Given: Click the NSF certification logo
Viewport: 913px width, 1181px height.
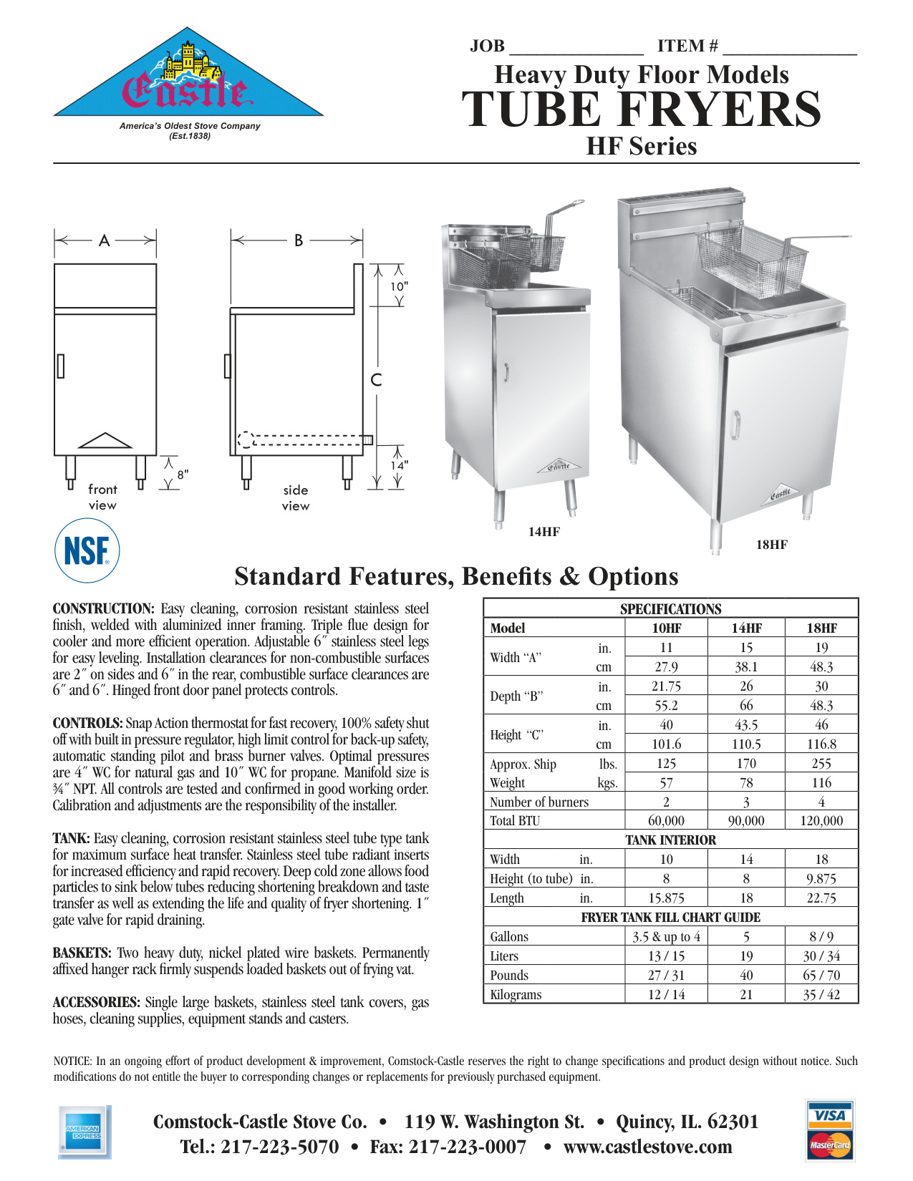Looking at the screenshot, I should tap(87, 550).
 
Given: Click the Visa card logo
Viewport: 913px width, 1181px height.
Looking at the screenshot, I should tap(829, 1115).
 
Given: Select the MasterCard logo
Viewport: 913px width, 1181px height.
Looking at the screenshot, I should tap(829, 1144).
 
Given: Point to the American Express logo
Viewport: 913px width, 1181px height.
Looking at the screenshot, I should tap(84, 1132).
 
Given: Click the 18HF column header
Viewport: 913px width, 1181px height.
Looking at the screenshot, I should tap(821, 628).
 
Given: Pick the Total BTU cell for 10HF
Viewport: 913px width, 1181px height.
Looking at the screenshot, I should tap(666, 821).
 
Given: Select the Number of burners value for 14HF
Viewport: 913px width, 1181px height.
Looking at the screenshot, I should tap(746, 802).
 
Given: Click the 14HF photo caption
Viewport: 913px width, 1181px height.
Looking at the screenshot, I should tap(544, 532).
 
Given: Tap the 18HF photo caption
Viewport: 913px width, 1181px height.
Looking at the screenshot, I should tap(772, 545).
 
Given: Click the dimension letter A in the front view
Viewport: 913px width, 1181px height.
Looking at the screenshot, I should tap(105, 240).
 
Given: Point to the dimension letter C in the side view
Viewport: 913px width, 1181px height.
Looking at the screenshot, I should tap(376, 380).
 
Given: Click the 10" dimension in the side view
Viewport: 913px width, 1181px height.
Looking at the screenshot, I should tap(399, 286).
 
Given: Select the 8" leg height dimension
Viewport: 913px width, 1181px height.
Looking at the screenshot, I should tap(183, 475).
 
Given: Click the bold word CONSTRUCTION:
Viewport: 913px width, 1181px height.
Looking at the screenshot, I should tap(103, 609).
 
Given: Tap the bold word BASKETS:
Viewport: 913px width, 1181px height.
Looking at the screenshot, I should tap(82, 953).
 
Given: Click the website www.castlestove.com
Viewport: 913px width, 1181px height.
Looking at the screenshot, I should tap(647, 1147).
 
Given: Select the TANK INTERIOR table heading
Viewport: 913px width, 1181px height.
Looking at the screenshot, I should tap(670, 840).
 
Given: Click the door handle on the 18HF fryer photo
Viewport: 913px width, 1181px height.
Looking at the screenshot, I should tap(735, 424).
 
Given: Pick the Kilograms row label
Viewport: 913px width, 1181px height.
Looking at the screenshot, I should tap(516, 995).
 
